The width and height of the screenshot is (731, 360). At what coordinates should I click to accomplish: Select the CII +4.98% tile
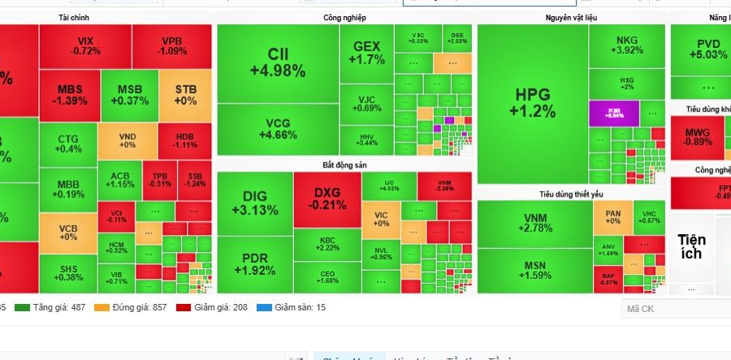tap(278, 63)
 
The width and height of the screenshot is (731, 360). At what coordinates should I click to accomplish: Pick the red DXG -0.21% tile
tap(327, 198)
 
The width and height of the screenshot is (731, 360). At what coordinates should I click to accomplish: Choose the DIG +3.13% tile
tap(254, 202)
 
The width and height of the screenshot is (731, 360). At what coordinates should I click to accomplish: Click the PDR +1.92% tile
tap(254, 264)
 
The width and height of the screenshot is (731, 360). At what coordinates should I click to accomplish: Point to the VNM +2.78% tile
tap(534, 223)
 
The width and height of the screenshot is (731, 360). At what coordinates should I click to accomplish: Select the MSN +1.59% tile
tap(534, 270)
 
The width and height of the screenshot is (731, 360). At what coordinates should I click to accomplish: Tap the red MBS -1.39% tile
tap(69, 95)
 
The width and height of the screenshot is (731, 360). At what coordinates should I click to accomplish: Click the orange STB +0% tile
tap(185, 95)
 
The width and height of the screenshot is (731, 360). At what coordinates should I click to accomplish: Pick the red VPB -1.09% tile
tap(172, 46)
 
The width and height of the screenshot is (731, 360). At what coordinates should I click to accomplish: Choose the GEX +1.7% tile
tap(366, 54)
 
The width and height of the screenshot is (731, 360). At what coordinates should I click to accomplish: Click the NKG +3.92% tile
tap(626, 46)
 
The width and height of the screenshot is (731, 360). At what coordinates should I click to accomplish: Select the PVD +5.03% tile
tap(700, 49)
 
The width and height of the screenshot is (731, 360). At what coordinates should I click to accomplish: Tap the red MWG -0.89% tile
tap(696, 137)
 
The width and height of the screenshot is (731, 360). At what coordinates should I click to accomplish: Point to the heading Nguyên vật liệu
tap(571, 17)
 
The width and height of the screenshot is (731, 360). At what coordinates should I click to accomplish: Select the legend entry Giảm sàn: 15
tap(295, 307)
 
